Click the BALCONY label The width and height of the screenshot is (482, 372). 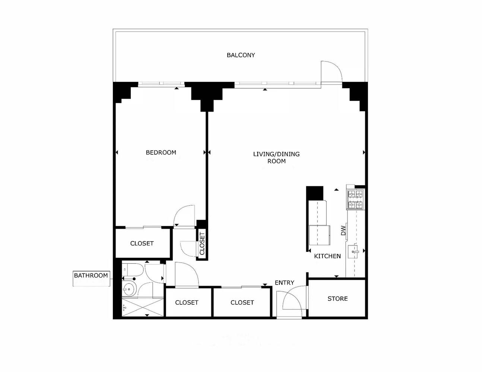[241, 55]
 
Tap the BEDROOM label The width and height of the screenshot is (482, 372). [161, 153]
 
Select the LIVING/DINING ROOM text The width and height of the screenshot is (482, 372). [276, 157]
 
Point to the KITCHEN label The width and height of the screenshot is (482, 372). [327, 256]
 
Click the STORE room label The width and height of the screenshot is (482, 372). [337, 298]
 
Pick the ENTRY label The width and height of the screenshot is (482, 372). [284, 283]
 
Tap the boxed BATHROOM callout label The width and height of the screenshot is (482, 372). [91, 276]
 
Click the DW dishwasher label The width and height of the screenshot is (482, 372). [343, 231]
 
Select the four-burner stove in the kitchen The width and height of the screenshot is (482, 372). [355, 200]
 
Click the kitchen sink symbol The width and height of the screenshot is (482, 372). [353, 252]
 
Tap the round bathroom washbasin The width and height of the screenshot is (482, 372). [129, 288]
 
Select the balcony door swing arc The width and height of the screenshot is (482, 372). [332, 71]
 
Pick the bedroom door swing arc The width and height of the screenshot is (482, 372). [184, 215]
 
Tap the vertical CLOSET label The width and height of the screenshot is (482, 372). [202, 243]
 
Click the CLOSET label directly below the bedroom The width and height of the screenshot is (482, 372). [142, 243]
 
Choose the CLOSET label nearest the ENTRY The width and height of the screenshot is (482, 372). [242, 302]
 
